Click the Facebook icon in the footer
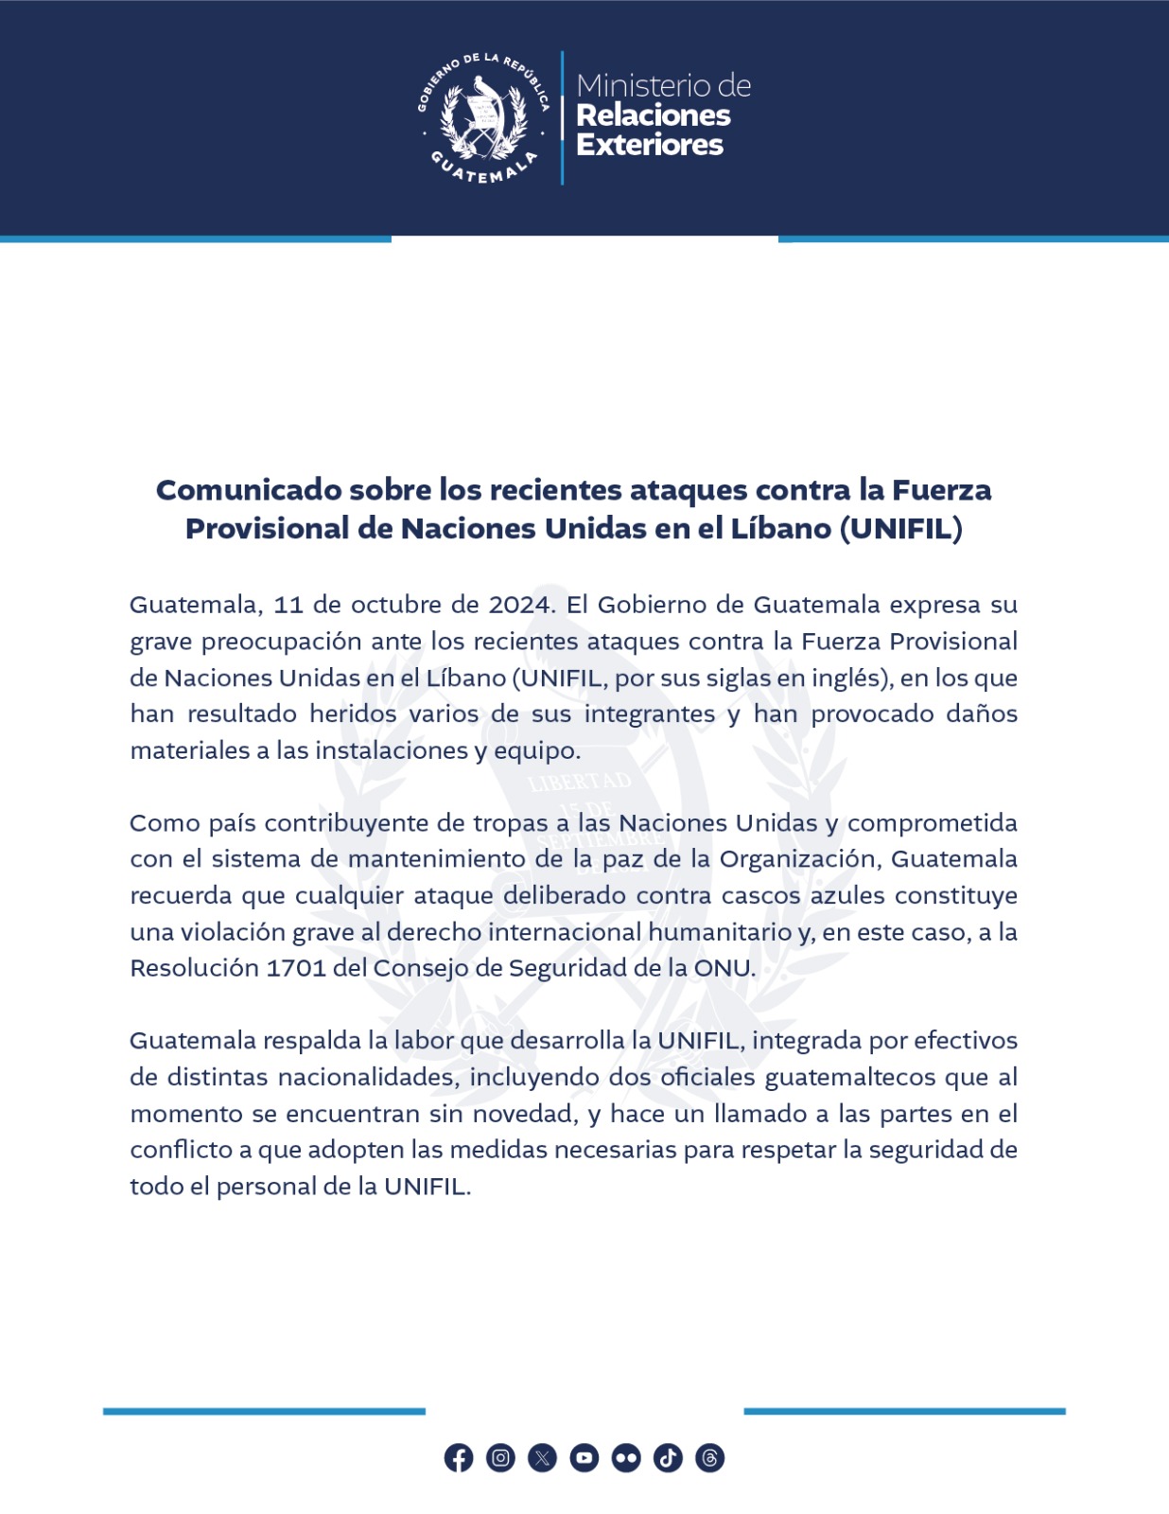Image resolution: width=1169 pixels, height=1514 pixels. coord(459,1458)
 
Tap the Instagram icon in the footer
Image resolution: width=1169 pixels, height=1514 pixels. coord(500,1458)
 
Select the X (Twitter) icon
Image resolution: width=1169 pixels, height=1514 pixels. coord(542,1458)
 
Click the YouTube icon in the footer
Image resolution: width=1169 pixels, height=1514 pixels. coord(584,1458)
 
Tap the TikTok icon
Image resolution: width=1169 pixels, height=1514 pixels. coord(668,1458)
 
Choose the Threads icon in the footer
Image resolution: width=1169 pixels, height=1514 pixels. coord(709,1458)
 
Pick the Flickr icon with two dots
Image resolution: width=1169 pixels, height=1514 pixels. coord(626,1458)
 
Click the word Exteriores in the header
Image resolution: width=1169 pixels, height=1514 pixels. coord(650,145)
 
